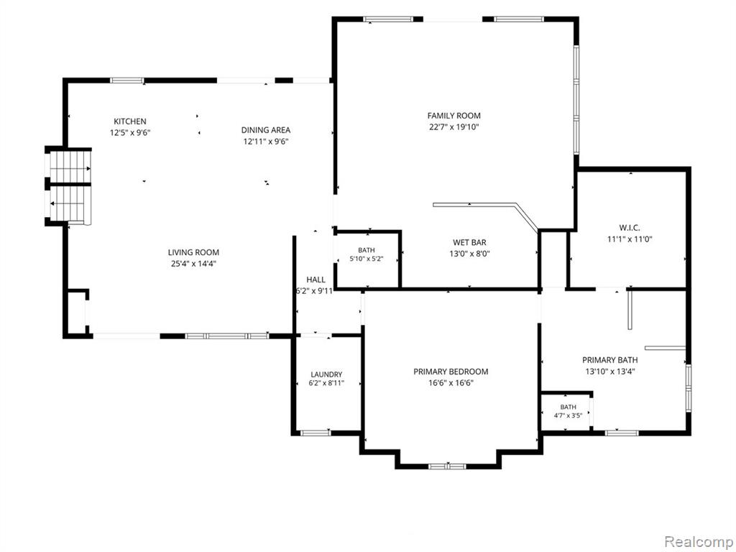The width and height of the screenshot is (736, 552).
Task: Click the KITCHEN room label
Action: [x=130, y=121]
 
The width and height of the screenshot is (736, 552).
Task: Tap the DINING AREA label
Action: [x=266, y=130]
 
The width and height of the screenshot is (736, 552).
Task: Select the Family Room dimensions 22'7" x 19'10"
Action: [x=454, y=126]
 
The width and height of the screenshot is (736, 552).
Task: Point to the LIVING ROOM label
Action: [x=193, y=252]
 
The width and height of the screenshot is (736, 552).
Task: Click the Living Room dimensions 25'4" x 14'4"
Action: [x=193, y=264]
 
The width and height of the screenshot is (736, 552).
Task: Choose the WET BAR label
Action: [x=469, y=243]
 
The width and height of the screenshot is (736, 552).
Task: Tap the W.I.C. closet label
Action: [x=630, y=228]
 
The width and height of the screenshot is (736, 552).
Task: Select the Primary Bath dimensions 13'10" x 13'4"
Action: [x=610, y=372]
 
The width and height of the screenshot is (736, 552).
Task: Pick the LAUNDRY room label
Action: [x=326, y=374]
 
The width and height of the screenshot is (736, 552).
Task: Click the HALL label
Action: [x=316, y=280]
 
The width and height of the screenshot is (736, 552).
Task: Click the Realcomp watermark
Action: [x=697, y=542]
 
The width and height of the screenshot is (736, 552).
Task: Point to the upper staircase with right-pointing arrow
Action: [x=70, y=167]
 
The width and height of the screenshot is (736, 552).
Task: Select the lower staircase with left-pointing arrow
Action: [x=70, y=203]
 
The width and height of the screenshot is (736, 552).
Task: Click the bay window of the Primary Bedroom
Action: [x=448, y=466]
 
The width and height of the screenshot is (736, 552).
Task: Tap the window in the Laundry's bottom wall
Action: [x=316, y=432]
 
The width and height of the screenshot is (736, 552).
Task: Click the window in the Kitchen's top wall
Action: [x=126, y=80]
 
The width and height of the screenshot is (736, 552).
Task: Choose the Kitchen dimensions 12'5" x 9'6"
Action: [x=130, y=133]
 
